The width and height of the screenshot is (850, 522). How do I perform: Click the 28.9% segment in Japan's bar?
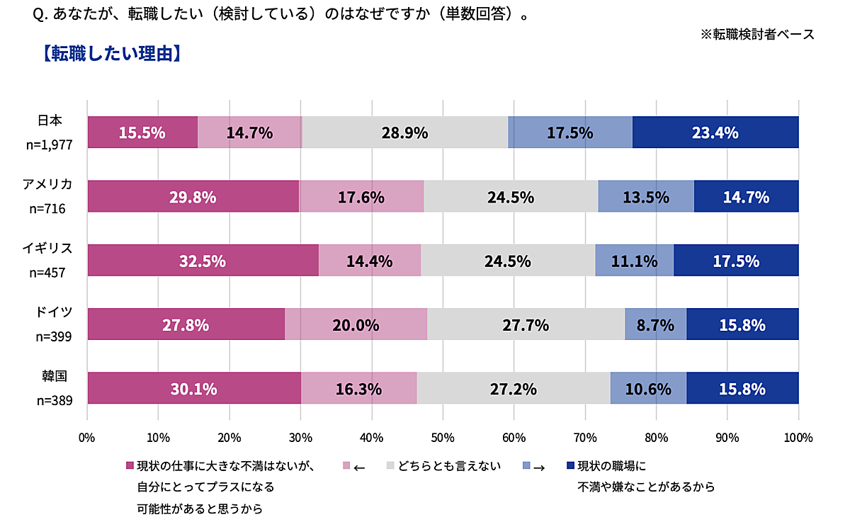coord(405,132)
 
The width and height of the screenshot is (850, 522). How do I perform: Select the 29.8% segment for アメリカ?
coord(193,197)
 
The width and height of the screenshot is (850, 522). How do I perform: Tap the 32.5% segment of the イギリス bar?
coord(203,261)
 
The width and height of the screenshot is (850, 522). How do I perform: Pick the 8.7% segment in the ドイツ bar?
coord(655,325)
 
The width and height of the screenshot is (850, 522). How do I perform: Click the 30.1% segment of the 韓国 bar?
coord(193,389)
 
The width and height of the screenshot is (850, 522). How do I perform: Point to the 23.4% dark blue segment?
coord(715,132)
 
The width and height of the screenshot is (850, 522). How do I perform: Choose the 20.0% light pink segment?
coord(356,325)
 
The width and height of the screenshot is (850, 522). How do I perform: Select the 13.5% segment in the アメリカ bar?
coord(646,197)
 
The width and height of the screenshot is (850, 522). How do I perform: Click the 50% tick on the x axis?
coord(443,438)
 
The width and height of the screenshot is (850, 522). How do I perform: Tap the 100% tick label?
coord(798,438)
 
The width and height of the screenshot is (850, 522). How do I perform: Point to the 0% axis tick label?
coord(86,438)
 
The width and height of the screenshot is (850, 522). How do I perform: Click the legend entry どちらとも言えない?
coord(449,466)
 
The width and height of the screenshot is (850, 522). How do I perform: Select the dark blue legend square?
coord(571,466)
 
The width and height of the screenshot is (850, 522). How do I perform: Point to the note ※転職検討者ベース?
coord(757,34)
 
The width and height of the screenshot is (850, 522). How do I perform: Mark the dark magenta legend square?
coord(130,466)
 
